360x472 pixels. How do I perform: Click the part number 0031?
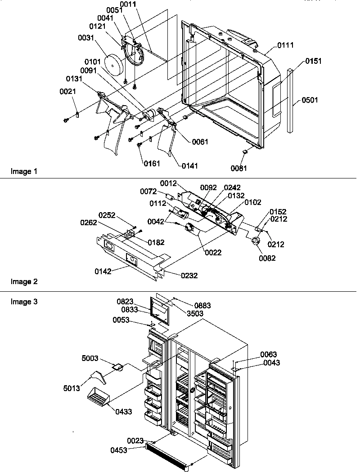[x=85, y=38]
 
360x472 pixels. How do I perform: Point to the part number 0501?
[x=310, y=100]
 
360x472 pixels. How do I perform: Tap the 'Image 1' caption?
[x=22, y=171]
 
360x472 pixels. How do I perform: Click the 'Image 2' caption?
[x=22, y=282]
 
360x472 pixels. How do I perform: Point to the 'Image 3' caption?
[x=22, y=302]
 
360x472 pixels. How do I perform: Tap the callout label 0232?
[x=189, y=276]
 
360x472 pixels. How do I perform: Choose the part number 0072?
[x=148, y=192]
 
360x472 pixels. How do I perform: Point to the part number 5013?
[x=72, y=387]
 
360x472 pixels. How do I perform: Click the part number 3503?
[x=196, y=313]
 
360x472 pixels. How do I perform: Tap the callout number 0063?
[x=268, y=355]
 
